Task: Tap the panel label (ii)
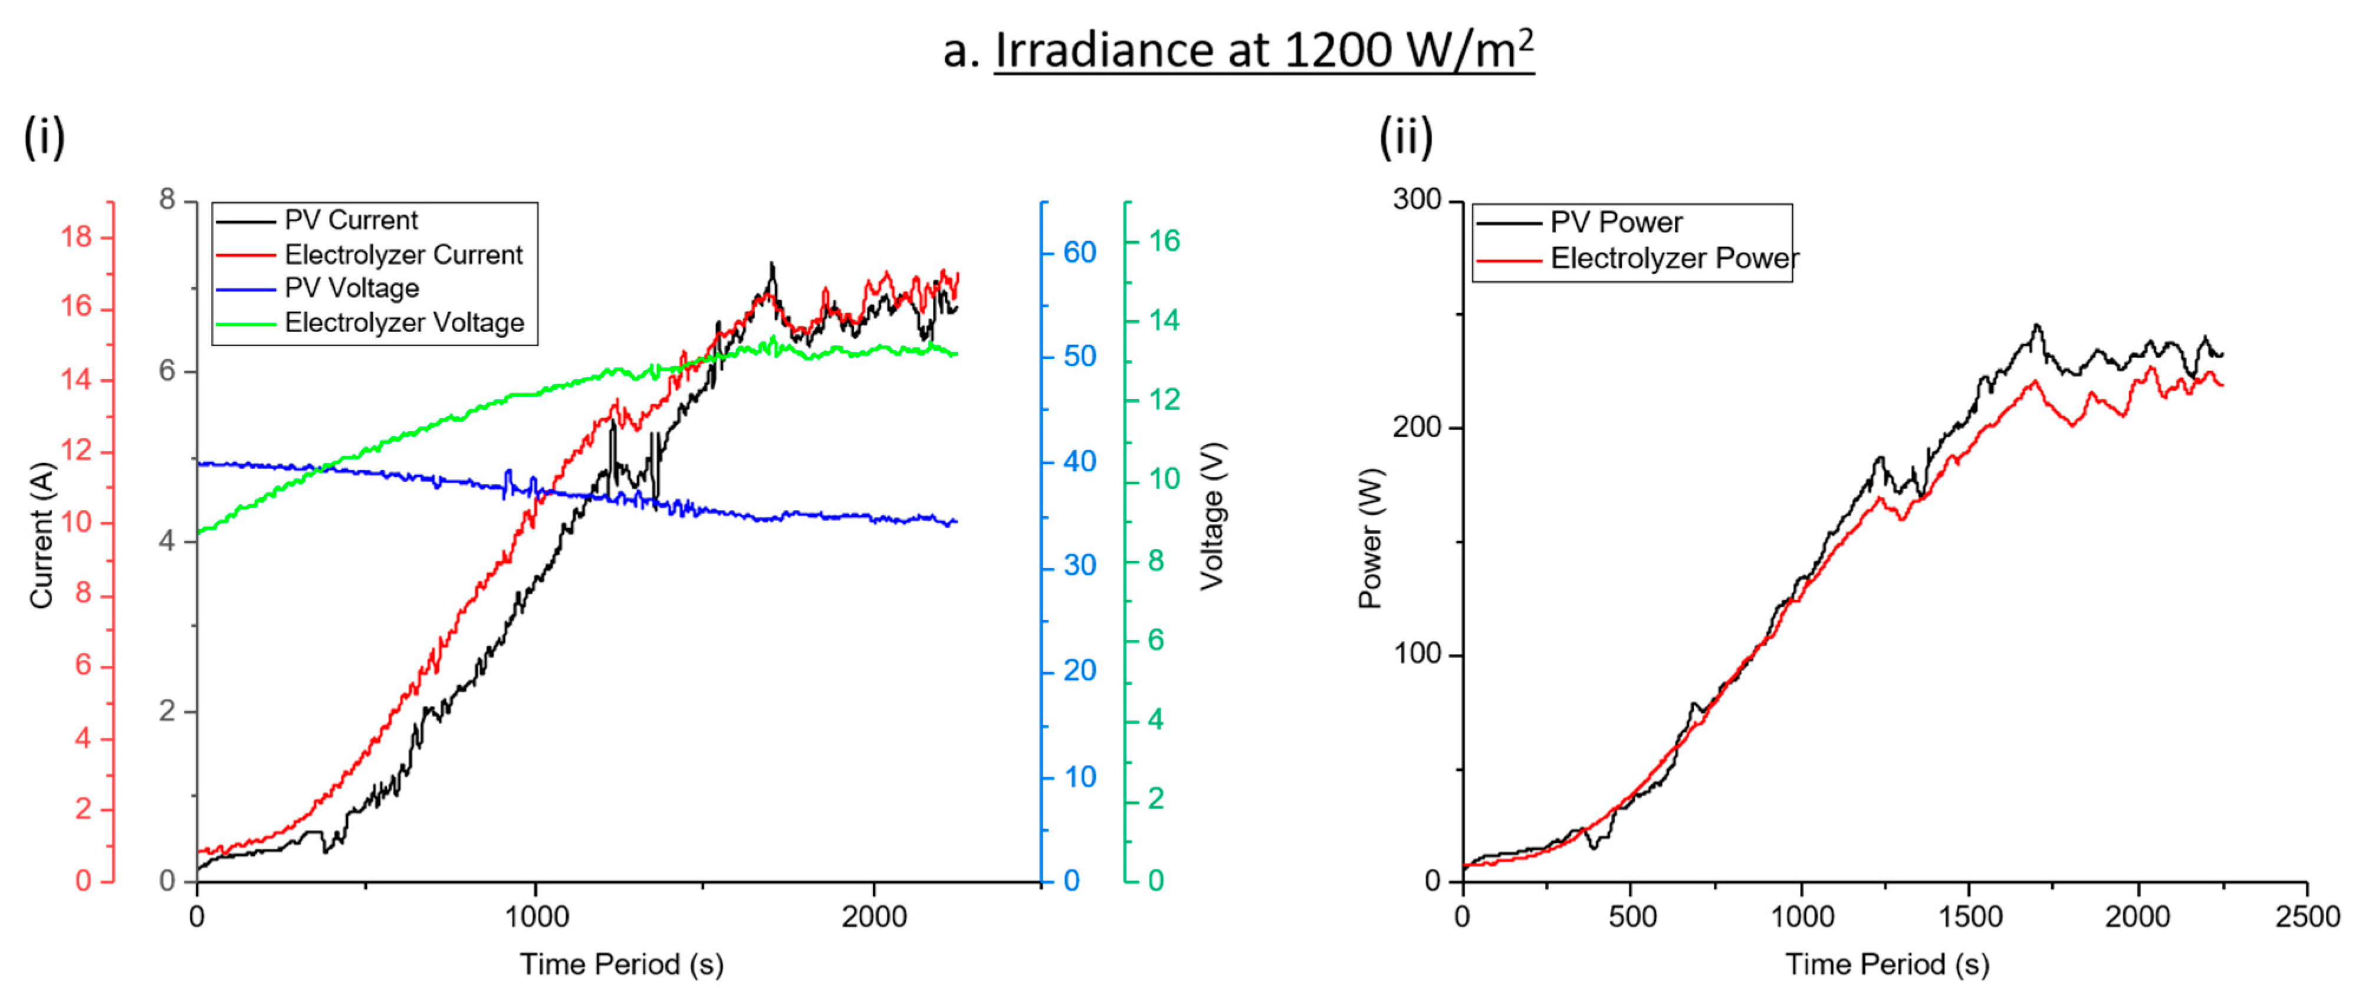point(1406,138)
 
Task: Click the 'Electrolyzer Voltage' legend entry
point(403,323)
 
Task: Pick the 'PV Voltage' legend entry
point(351,288)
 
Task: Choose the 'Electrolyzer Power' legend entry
point(1674,259)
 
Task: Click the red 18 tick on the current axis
point(77,238)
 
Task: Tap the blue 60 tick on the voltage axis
point(1079,252)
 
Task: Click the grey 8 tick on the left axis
point(167,200)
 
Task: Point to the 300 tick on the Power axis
point(1417,200)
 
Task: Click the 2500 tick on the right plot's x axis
point(2307,916)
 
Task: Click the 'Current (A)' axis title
point(41,536)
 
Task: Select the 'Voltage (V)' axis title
point(1212,515)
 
